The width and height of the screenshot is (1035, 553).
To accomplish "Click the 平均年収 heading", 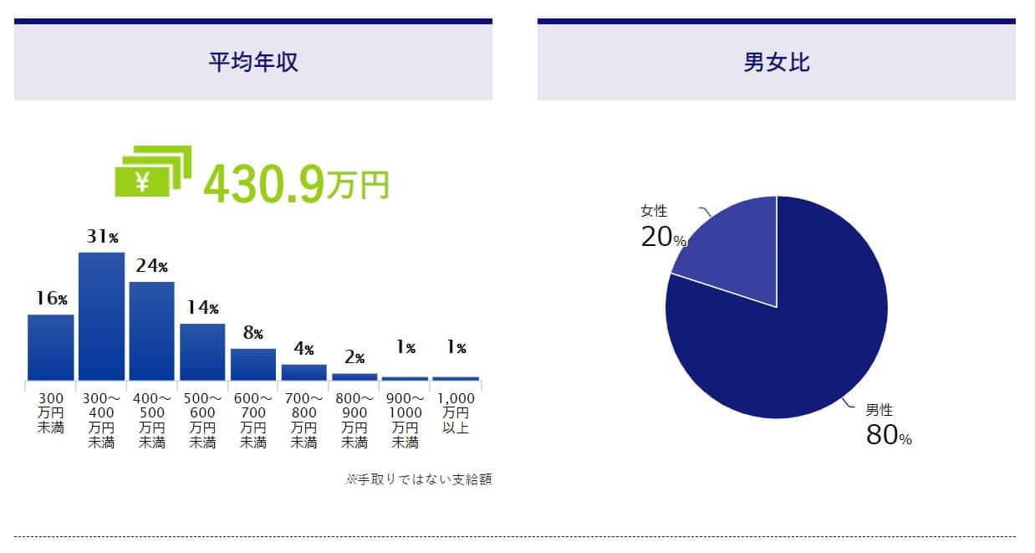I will click(x=252, y=63).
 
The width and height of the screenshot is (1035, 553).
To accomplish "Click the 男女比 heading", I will click(x=776, y=63).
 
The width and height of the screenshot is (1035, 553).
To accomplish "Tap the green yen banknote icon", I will click(x=153, y=172).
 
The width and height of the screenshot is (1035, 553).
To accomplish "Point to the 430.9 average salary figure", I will click(x=263, y=184).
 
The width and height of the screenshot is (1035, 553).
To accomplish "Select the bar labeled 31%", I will click(x=101, y=315).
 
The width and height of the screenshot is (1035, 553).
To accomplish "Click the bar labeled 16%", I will click(x=51, y=346).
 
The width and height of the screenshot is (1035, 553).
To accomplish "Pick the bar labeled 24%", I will click(x=152, y=330).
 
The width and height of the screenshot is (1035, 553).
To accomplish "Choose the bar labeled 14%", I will click(x=202, y=351).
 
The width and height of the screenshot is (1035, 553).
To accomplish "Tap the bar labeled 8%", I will click(x=253, y=364).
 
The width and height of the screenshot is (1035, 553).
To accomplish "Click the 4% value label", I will click(x=303, y=348).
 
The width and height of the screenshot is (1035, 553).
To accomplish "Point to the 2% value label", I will click(x=354, y=358).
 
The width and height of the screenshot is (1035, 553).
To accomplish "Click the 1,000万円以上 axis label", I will click(x=456, y=413).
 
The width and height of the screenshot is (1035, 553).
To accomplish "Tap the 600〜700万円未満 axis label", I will click(x=253, y=420).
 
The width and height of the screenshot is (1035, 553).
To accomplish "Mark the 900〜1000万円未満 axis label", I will click(x=405, y=420).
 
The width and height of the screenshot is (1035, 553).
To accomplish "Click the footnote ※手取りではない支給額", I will click(x=418, y=480).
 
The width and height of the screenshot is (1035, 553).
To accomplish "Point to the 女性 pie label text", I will click(x=654, y=211).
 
